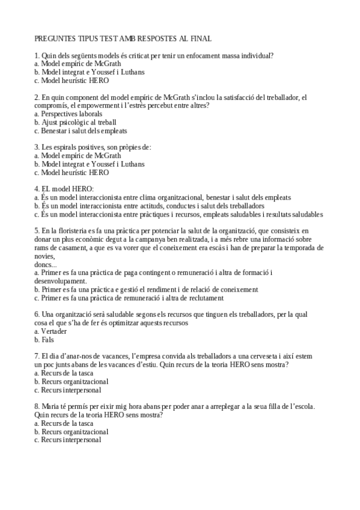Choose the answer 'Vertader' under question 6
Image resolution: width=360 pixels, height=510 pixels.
[54, 331]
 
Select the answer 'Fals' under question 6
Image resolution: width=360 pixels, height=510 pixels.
[47, 339]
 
